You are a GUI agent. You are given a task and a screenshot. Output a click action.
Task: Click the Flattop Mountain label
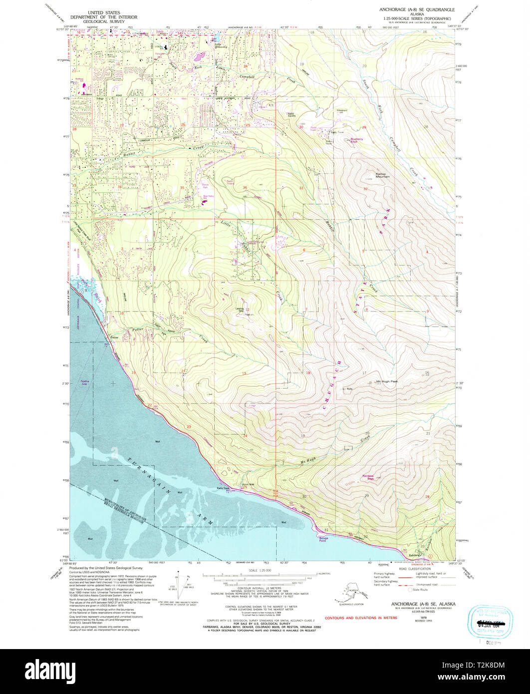383,175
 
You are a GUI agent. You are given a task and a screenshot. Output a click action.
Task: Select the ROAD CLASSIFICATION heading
411,569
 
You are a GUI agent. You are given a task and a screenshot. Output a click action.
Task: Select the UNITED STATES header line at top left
104,10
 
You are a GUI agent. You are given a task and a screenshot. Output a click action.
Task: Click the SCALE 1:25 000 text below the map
260,570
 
